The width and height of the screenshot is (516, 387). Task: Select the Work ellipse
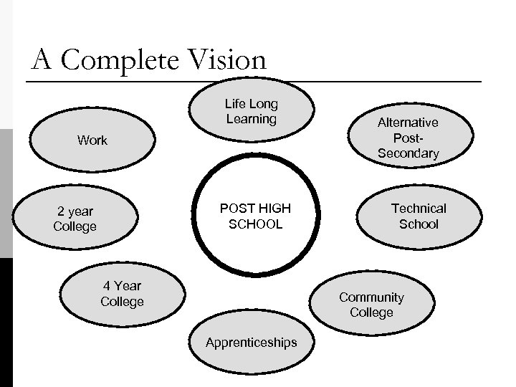[92, 140]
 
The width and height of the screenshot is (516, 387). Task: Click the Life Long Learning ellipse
[251, 112]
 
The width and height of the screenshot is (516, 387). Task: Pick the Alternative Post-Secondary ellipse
[408, 138]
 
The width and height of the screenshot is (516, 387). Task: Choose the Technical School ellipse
[418, 216]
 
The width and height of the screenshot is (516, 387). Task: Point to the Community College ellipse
[371, 305]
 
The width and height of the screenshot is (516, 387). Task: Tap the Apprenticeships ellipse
[251, 342]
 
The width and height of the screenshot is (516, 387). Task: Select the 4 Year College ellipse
[122, 294]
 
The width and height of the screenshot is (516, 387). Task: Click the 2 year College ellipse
[75, 219]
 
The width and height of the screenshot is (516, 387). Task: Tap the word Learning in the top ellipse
[251, 120]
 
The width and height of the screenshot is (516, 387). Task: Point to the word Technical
[419, 209]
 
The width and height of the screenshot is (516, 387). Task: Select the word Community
[371, 297]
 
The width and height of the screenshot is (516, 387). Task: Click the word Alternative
[408, 123]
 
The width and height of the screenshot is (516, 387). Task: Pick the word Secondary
[408, 153]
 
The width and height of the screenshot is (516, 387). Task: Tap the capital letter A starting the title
[41, 60]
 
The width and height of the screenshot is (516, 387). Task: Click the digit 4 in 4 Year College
[105, 286]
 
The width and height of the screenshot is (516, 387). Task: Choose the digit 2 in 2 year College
[61, 211]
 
